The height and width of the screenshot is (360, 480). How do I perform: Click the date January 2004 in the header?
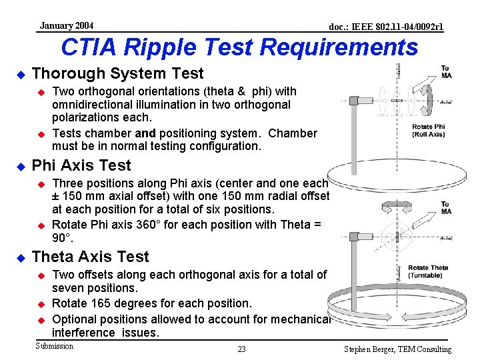(66, 26)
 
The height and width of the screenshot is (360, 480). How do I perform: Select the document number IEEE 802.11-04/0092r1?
(387, 27)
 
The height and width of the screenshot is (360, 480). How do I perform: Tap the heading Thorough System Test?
(117, 73)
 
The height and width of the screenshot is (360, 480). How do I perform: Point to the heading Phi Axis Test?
(81, 165)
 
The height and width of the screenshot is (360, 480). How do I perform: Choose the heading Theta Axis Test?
(90, 257)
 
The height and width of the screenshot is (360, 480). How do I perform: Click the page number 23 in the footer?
(241, 349)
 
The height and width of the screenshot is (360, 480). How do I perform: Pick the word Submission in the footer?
(54, 346)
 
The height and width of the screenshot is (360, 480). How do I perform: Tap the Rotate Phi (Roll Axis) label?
(428, 130)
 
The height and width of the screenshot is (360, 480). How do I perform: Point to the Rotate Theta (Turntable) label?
(428, 271)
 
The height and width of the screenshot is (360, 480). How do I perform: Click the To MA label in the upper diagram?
(445, 71)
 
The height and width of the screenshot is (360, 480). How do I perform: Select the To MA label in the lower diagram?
(445, 208)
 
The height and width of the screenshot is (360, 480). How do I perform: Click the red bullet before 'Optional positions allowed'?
(40, 319)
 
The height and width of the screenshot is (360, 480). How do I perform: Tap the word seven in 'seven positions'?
(67, 288)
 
